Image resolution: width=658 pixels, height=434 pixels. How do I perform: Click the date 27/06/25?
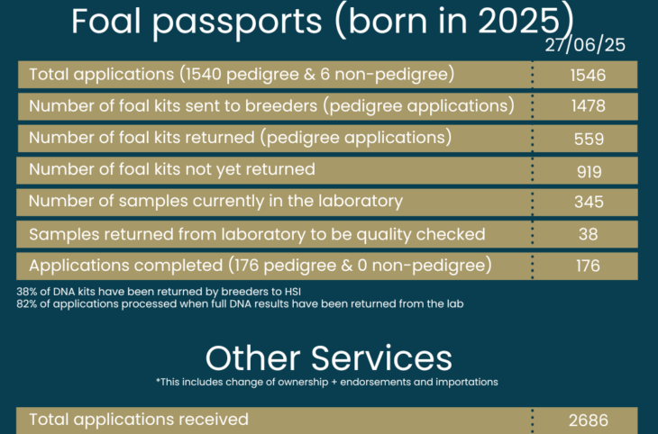tap(585, 45)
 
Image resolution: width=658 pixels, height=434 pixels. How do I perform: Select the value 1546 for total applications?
tap(588, 76)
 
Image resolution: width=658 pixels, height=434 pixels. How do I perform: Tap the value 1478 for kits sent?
tap(589, 106)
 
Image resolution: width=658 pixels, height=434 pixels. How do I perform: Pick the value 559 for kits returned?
tap(589, 139)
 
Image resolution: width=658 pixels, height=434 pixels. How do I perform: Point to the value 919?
tap(589, 171)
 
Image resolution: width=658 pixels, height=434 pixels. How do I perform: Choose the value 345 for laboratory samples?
tap(589, 202)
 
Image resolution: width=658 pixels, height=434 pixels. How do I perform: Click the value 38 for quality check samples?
tap(588, 234)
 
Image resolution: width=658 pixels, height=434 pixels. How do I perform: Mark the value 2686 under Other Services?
tap(589, 420)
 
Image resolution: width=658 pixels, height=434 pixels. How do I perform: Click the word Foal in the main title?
tap(105, 21)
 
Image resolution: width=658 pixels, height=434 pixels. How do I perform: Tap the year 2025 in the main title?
tap(519, 21)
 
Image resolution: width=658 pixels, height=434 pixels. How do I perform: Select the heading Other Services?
tap(329, 358)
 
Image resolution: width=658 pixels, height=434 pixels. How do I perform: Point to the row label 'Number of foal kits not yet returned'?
tap(172, 170)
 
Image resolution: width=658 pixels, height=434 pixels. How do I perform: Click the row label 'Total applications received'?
tap(139, 420)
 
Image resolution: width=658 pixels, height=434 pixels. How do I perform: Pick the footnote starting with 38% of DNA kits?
tap(159, 292)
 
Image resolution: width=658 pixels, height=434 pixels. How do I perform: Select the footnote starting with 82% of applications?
tap(240, 304)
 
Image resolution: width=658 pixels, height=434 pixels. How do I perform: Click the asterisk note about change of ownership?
tap(327, 383)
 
